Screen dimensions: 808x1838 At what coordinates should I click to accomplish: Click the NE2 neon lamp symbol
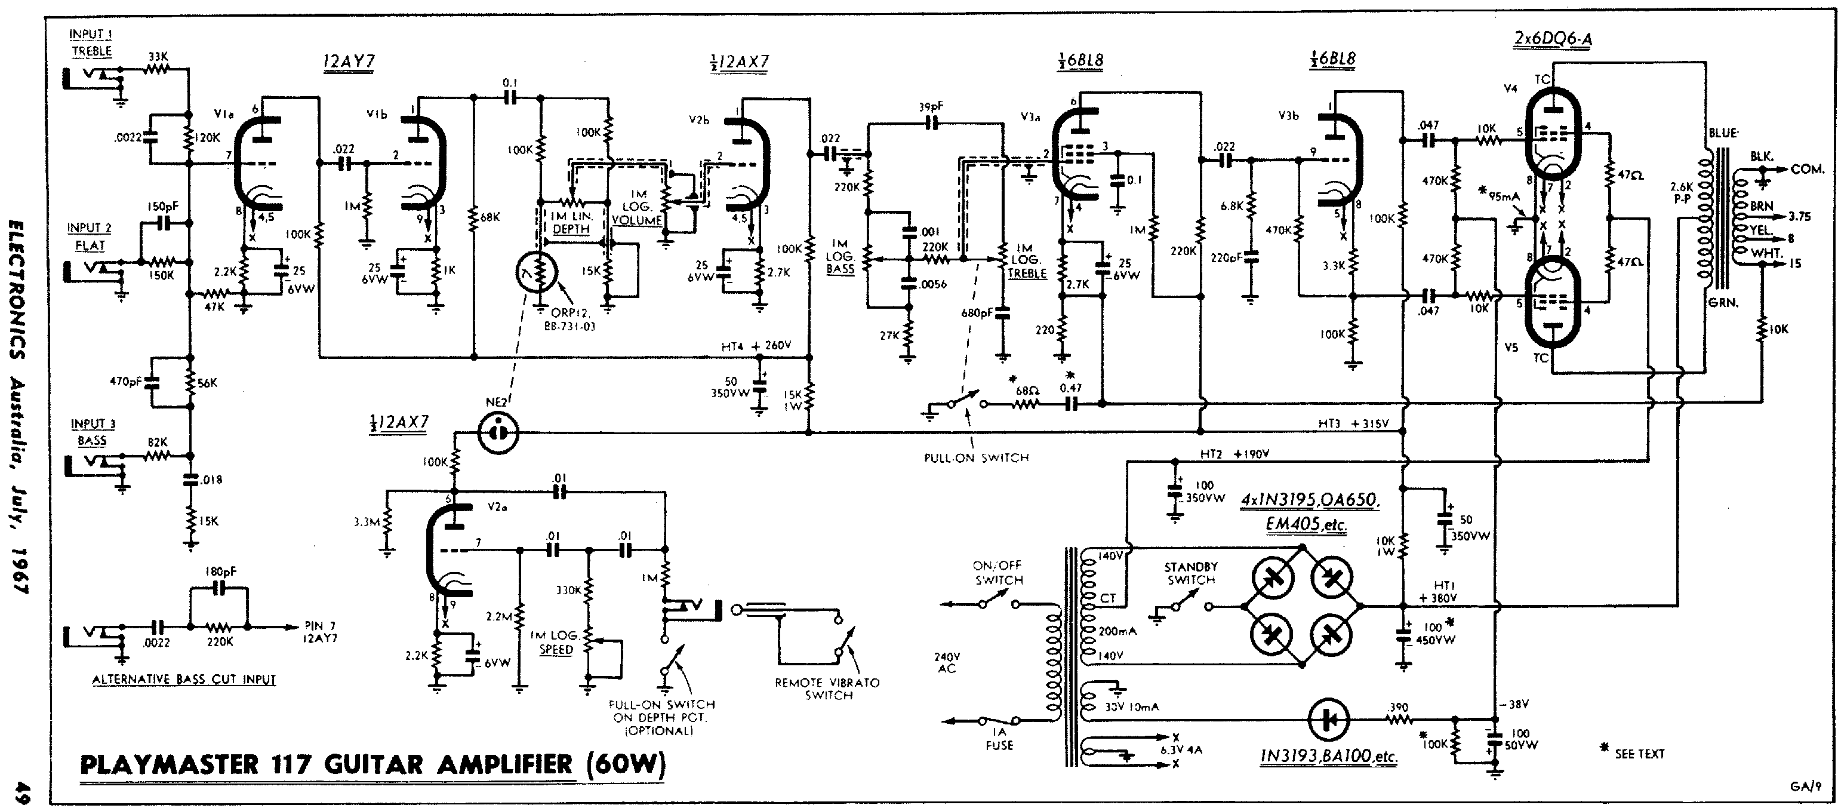click(498, 432)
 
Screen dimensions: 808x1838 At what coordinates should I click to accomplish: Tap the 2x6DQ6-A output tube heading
click(1552, 39)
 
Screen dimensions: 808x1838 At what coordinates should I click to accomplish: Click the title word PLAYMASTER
click(168, 764)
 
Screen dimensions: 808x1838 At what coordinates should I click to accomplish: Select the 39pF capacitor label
click(931, 107)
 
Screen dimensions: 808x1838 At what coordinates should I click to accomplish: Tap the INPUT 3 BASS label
click(93, 432)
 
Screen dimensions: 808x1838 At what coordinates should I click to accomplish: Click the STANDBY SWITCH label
click(1191, 573)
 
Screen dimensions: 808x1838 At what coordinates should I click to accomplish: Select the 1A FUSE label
click(999, 738)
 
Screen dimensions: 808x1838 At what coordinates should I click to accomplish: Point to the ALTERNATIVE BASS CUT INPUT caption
click(183, 680)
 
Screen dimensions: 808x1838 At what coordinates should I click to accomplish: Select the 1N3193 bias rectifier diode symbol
click(1329, 720)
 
